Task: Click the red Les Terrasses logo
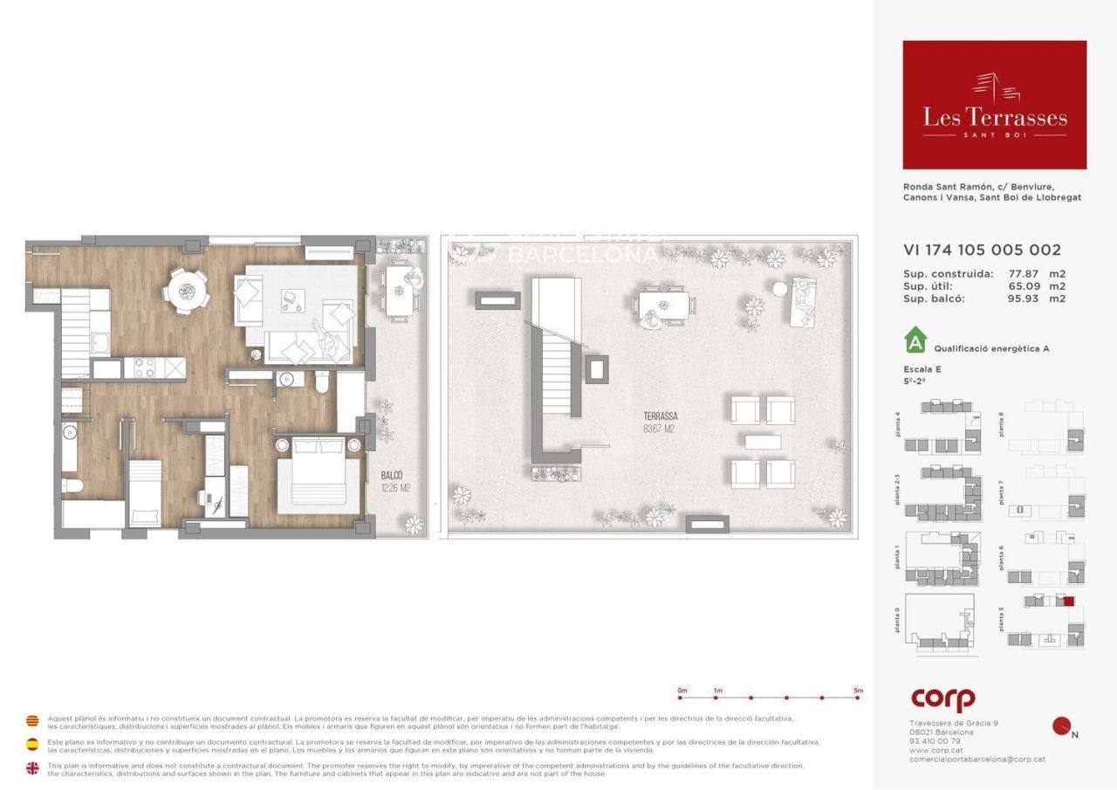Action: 994,105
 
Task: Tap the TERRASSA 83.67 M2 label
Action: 660,422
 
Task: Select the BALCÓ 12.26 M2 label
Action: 394,482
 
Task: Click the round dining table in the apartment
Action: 188,290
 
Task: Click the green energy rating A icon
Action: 915,338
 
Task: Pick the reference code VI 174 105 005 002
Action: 982,251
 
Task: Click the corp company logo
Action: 942,699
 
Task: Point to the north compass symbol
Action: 1062,726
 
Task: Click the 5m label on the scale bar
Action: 858,690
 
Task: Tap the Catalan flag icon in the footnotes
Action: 32,721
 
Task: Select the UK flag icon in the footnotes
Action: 32,768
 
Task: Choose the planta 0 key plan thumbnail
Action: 941,622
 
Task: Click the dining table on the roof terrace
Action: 663,306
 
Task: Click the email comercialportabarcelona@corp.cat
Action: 977,759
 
